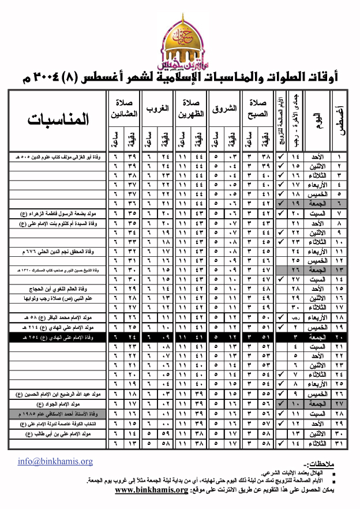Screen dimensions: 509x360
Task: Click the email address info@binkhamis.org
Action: click(55, 462)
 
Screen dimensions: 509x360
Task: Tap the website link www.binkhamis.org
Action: click(151, 490)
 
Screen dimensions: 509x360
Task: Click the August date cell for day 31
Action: click(340, 443)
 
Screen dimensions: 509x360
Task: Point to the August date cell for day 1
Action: click(340, 157)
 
